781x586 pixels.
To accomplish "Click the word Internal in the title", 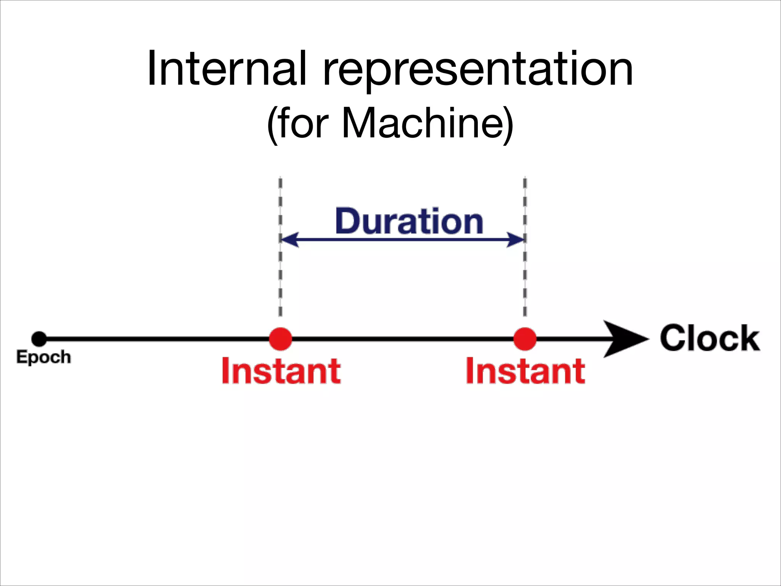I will coord(227,69).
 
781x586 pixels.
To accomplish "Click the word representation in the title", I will coord(477,71).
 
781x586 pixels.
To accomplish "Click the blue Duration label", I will coord(409,221).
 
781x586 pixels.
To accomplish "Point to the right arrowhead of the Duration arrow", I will coord(516,240).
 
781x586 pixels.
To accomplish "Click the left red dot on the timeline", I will coord(280,339).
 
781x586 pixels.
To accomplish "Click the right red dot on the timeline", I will coord(525,339).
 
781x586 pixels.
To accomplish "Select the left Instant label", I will coord(281,371).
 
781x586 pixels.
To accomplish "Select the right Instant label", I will coord(525,371).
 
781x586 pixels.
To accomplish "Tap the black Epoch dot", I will coord(39,339).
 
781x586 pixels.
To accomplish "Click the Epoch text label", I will coord(43,357).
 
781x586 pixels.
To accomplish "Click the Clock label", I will coord(710,338).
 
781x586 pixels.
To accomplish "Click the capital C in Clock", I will coord(673,338).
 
